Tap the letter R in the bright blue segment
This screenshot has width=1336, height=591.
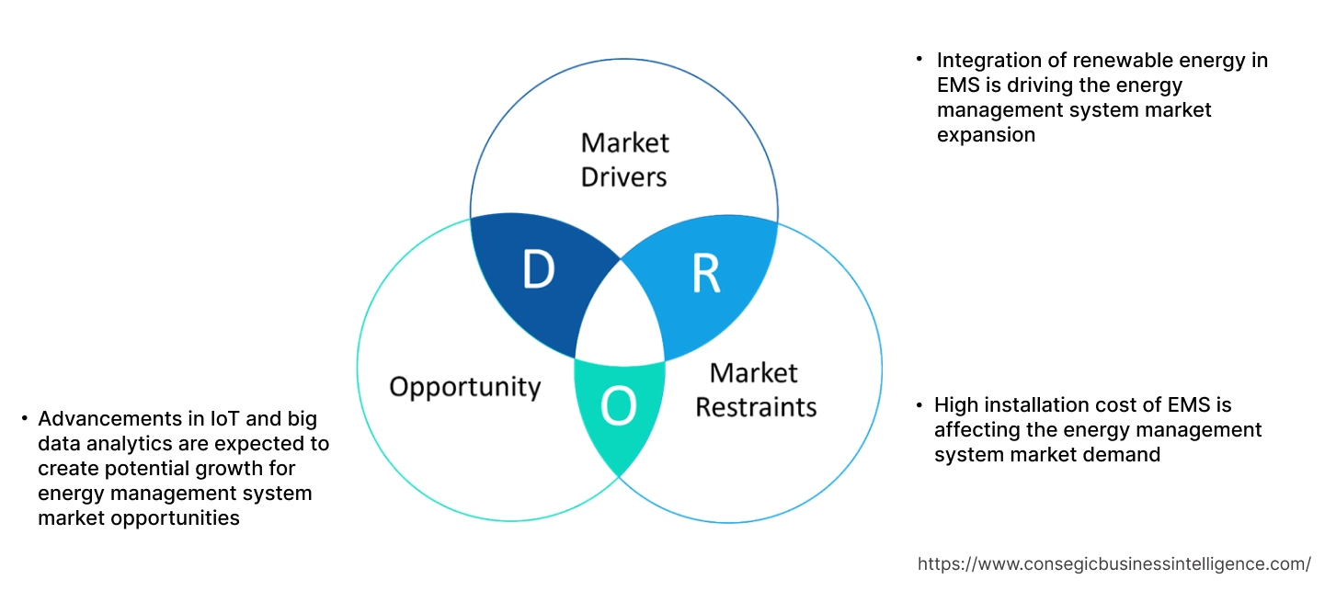[705, 275]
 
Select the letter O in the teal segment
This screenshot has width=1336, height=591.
[619, 407]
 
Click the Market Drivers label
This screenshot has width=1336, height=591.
[624, 159]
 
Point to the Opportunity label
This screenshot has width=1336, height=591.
[464, 386]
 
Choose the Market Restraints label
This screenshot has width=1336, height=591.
[755, 389]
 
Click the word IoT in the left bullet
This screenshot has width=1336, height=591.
[229, 419]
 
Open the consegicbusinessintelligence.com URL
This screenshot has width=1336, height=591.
[1113, 563]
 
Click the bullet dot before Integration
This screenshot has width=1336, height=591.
[918, 59]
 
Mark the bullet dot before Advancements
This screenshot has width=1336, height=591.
[24, 419]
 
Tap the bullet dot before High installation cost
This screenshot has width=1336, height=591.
[919, 404]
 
